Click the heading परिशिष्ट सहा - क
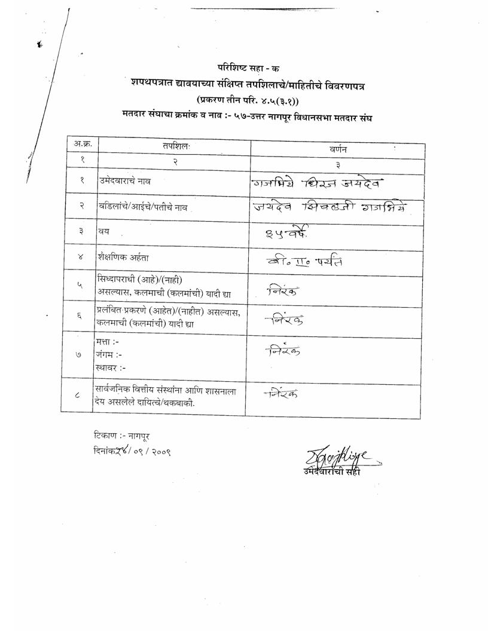(243, 68)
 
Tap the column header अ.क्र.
(82, 144)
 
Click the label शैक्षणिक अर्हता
(123, 258)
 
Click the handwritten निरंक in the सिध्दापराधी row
(284, 291)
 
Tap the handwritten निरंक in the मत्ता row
(282, 351)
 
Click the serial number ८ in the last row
(80, 394)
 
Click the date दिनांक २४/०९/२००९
(132, 452)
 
